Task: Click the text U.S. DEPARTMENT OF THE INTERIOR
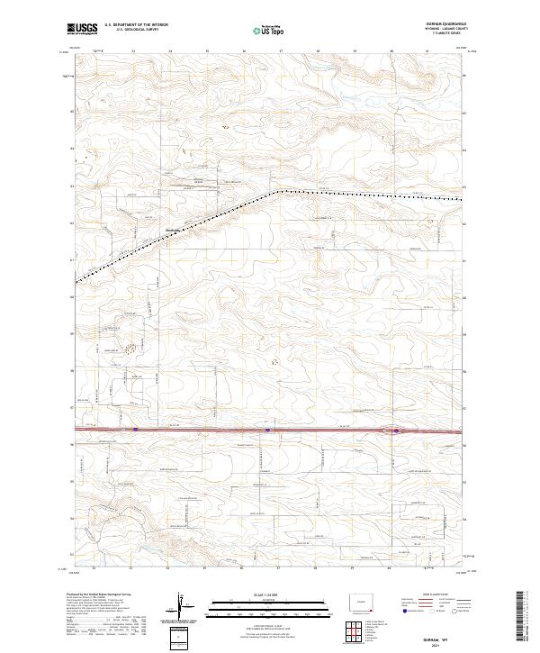click(x=137, y=25)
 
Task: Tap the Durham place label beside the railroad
click(x=175, y=228)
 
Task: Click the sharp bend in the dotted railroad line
click(x=280, y=191)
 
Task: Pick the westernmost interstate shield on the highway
click(x=135, y=430)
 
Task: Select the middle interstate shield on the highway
click(x=268, y=430)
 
